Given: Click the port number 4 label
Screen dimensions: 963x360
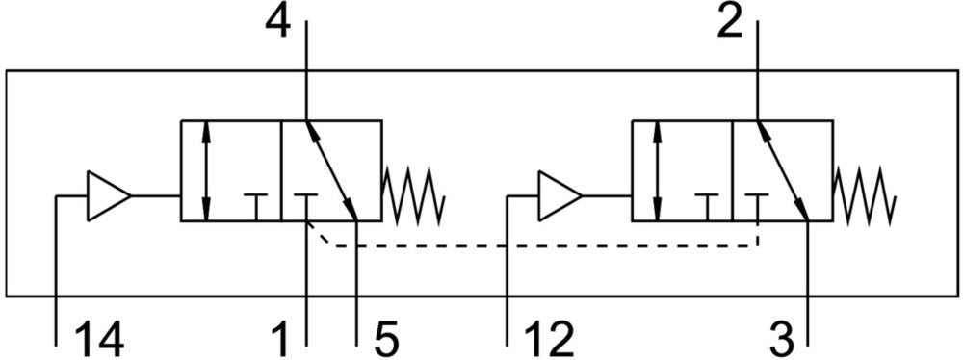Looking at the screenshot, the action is pos(277,23).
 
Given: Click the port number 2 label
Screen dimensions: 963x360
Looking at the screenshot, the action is pos(729,23).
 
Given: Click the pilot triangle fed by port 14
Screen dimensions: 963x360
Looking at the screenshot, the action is pos(109,196).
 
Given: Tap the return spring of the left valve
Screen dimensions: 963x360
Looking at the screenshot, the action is pos(413,196).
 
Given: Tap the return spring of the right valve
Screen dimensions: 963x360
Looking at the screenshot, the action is pos(864,196).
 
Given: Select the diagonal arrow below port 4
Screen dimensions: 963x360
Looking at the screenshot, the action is pos(331,170).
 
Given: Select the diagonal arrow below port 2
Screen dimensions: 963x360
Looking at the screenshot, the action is pos(783,170).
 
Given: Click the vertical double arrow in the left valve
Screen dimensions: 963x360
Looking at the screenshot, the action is pos(206,170).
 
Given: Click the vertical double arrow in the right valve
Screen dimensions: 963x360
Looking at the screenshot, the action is pos(658,170).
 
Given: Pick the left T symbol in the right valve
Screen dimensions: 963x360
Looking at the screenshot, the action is pos(707,207).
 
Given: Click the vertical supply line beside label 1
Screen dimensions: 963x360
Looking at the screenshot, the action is pos(306,283).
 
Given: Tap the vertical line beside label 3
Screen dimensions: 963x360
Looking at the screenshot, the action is pos(808,283).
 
